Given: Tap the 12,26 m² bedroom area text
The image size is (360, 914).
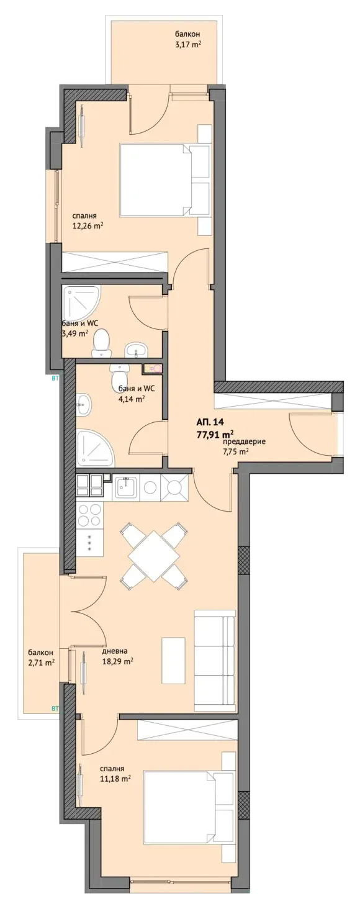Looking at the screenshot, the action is coord(87,225).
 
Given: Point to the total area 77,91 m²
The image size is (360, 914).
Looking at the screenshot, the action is coord(215,433).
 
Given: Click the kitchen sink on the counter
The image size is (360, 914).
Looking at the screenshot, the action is coord(127,487).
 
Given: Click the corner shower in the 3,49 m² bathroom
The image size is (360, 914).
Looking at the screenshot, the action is coord(81,304).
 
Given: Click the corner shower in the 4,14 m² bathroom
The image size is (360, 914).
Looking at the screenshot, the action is coord(96,448).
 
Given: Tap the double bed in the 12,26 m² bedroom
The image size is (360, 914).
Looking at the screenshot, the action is coord(164,178).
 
